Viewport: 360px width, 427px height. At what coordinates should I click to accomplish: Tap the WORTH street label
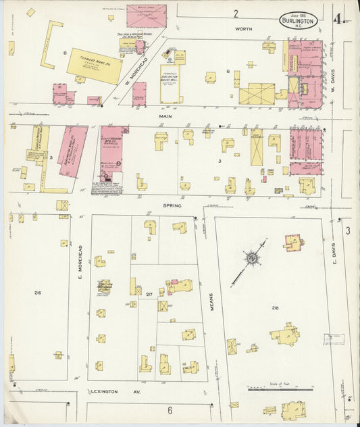243,30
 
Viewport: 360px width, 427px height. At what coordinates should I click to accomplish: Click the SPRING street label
172,205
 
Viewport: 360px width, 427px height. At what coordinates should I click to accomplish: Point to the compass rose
252,257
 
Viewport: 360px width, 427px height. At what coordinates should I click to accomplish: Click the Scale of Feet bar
280,389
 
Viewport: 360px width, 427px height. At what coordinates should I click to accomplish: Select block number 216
38,292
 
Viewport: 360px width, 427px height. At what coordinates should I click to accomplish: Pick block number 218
274,308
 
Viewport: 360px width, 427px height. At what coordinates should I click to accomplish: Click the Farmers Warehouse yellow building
95,66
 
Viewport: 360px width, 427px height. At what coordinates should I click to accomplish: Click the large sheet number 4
337,18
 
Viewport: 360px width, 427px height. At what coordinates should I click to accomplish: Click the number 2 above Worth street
236,14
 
